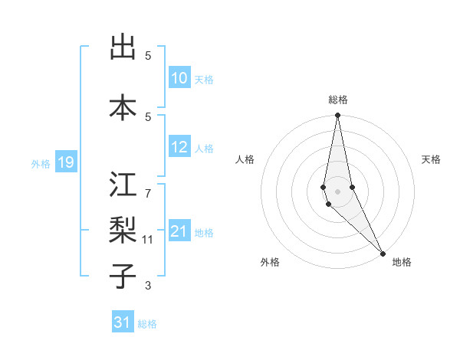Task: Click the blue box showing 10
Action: (179, 78)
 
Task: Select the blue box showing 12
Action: (179, 148)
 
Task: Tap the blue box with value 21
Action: (179, 231)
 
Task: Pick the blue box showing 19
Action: (65, 162)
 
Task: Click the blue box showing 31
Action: (123, 323)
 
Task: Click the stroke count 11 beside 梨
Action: (148, 240)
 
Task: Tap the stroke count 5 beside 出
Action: (148, 55)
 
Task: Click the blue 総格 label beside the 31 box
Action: (147, 324)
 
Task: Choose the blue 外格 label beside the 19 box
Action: (40, 163)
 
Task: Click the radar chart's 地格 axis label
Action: (402, 262)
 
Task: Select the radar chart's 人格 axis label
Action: (245, 159)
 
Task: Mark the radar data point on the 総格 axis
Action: (337, 116)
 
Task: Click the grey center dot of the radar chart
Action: (337, 191)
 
